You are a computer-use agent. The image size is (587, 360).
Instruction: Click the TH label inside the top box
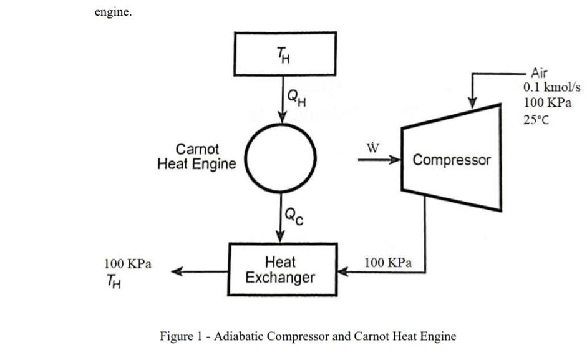pos(283,56)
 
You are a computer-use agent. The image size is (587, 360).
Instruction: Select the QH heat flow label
pos(296,98)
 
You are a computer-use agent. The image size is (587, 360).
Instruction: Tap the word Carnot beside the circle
pos(197,149)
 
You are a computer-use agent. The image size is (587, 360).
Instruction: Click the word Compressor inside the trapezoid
pos(452,160)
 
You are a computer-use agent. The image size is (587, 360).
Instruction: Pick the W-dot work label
pos(372,148)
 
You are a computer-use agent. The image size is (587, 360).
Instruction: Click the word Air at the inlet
pos(539,72)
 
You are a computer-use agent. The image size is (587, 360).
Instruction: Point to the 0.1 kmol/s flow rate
pos(552,87)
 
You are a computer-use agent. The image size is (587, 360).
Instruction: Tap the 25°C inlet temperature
pos(536,120)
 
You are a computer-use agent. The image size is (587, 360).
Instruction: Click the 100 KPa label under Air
pos(547,102)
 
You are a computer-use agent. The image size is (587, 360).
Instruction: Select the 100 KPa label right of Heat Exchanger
pos(388,263)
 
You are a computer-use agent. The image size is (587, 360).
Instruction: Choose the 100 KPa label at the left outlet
pos(128,264)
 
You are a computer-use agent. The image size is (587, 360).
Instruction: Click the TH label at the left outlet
pos(114,281)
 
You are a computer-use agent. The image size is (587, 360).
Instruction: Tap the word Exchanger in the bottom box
pos(280,278)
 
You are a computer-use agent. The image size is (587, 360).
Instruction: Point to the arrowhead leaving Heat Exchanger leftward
pos(177,271)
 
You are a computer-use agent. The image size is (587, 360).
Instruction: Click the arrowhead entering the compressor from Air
pos(472,103)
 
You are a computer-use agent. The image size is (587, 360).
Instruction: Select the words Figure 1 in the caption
pos(177,336)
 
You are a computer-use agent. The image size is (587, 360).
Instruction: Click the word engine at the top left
pos(113,12)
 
